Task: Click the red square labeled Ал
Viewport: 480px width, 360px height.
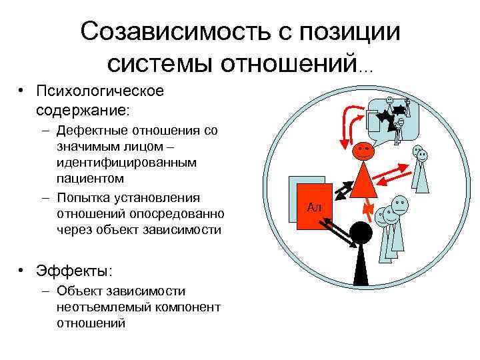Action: click(314, 207)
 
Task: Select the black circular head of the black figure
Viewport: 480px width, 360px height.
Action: click(361, 233)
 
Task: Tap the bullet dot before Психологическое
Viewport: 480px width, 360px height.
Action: click(22, 91)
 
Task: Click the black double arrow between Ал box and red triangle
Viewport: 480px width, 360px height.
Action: click(341, 190)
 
